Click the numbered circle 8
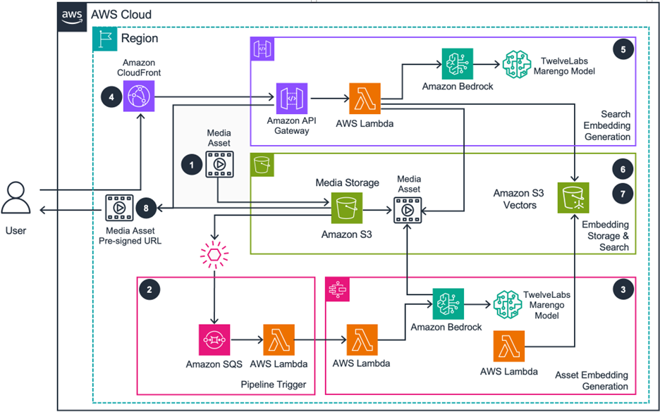click(147, 208)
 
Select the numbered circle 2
click(147, 288)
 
